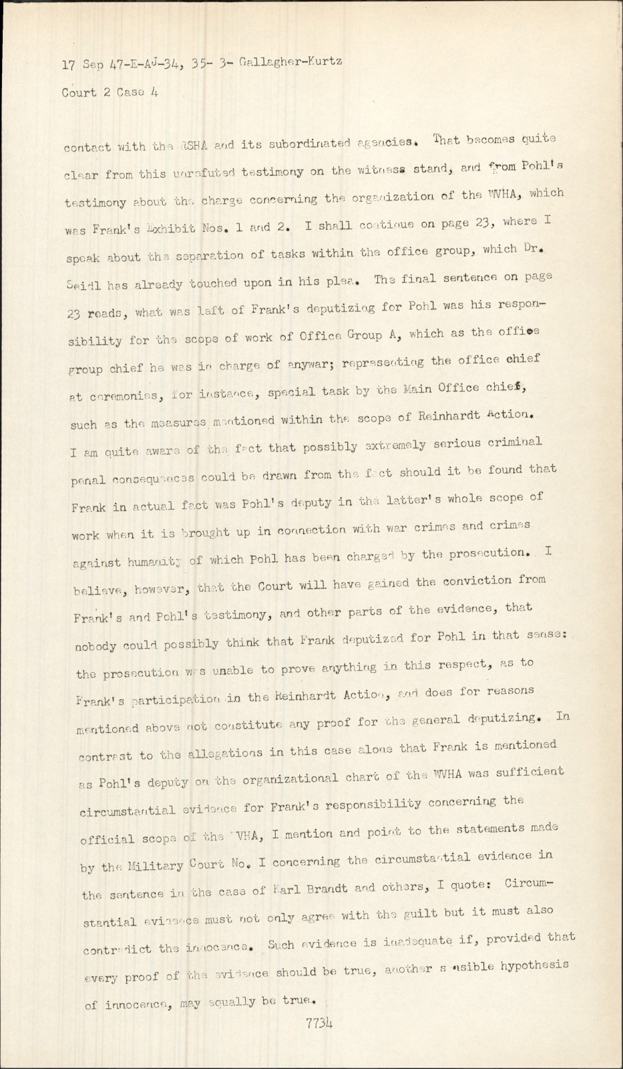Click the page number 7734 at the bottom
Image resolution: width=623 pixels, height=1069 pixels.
click(320, 1023)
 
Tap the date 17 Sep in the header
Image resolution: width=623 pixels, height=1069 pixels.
click(78, 65)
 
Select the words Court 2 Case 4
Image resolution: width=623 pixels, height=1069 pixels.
click(110, 93)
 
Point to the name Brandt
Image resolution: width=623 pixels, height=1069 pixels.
click(325, 890)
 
